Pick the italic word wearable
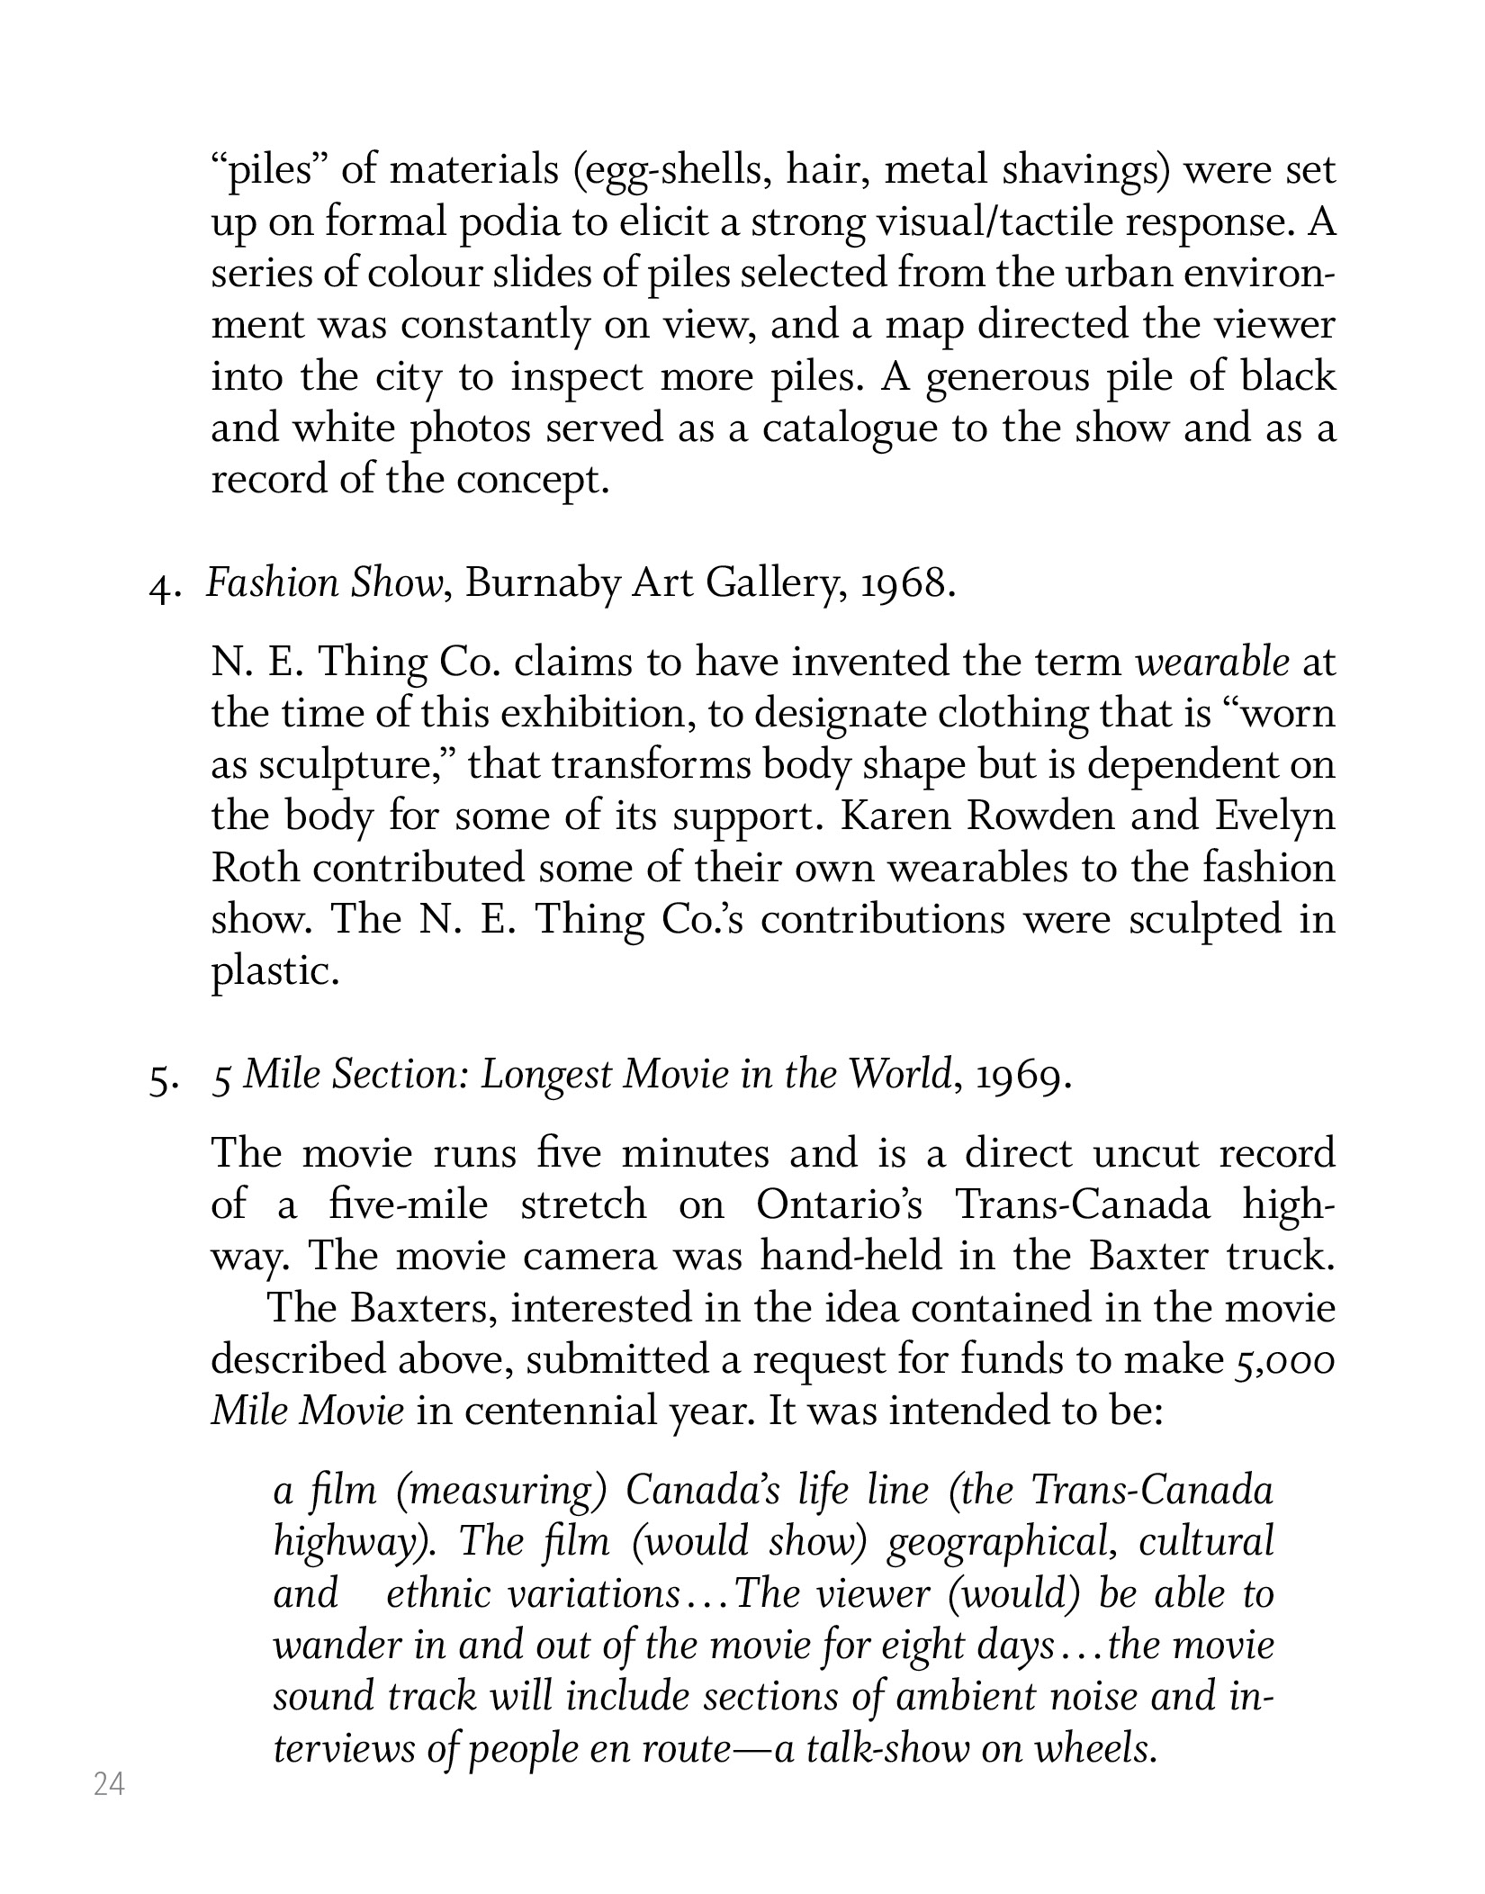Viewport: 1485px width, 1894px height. click(1210, 663)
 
